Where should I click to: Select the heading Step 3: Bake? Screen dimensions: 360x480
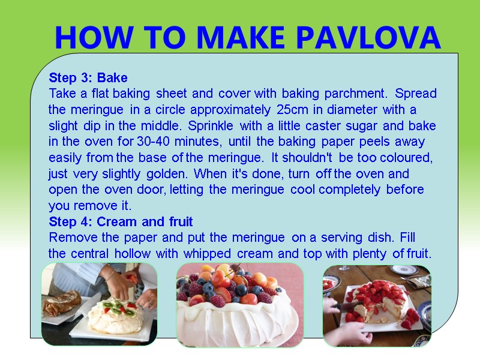click(x=88, y=78)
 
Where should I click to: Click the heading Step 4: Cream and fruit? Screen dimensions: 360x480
click(x=121, y=222)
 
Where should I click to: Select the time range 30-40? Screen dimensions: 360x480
click(x=155, y=142)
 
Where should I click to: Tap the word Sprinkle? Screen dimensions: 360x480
click(x=211, y=127)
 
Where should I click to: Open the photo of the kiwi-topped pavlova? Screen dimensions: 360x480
click(x=99, y=304)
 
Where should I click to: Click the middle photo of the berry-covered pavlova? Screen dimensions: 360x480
click(x=239, y=304)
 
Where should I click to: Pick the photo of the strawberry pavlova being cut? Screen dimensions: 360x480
click(x=377, y=304)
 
